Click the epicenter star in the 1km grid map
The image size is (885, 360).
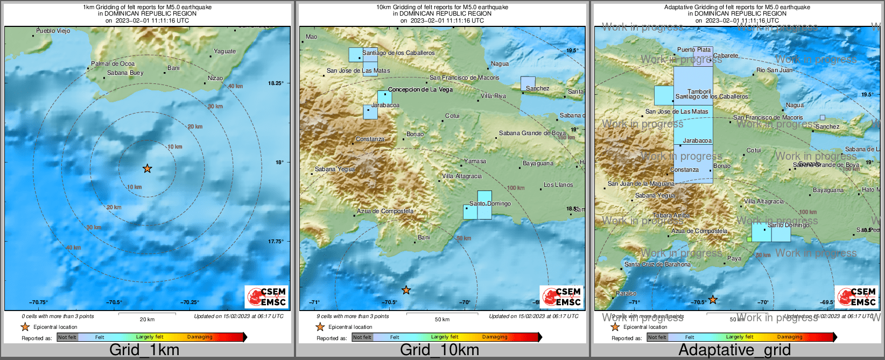pos(147,169)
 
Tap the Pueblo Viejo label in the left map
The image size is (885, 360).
pos(53,31)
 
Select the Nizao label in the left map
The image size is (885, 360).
pos(215,78)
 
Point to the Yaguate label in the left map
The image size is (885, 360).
pos(224,51)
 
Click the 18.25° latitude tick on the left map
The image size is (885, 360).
pos(276,83)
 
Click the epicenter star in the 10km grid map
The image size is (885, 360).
pos(406,291)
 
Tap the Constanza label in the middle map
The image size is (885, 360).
pos(370,139)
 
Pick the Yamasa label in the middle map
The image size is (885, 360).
pos(475,161)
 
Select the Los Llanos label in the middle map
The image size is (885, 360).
pos(558,185)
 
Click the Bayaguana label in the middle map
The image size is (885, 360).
pos(538,163)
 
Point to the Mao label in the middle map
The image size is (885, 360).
pos(311,37)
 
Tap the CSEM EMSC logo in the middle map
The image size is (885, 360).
pos(561,297)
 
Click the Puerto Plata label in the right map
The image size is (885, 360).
pos(694,50)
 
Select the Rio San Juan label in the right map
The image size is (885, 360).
pos(774,70)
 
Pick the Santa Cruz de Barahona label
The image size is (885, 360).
pos(657,264)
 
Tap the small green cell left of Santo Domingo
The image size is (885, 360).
pos(749,239)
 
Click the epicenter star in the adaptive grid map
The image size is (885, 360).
pos(713,300)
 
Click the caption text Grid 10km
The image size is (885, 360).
pos(439,350)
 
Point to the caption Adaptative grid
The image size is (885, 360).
pos(734,350)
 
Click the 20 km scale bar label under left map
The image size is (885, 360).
pos(147,319)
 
